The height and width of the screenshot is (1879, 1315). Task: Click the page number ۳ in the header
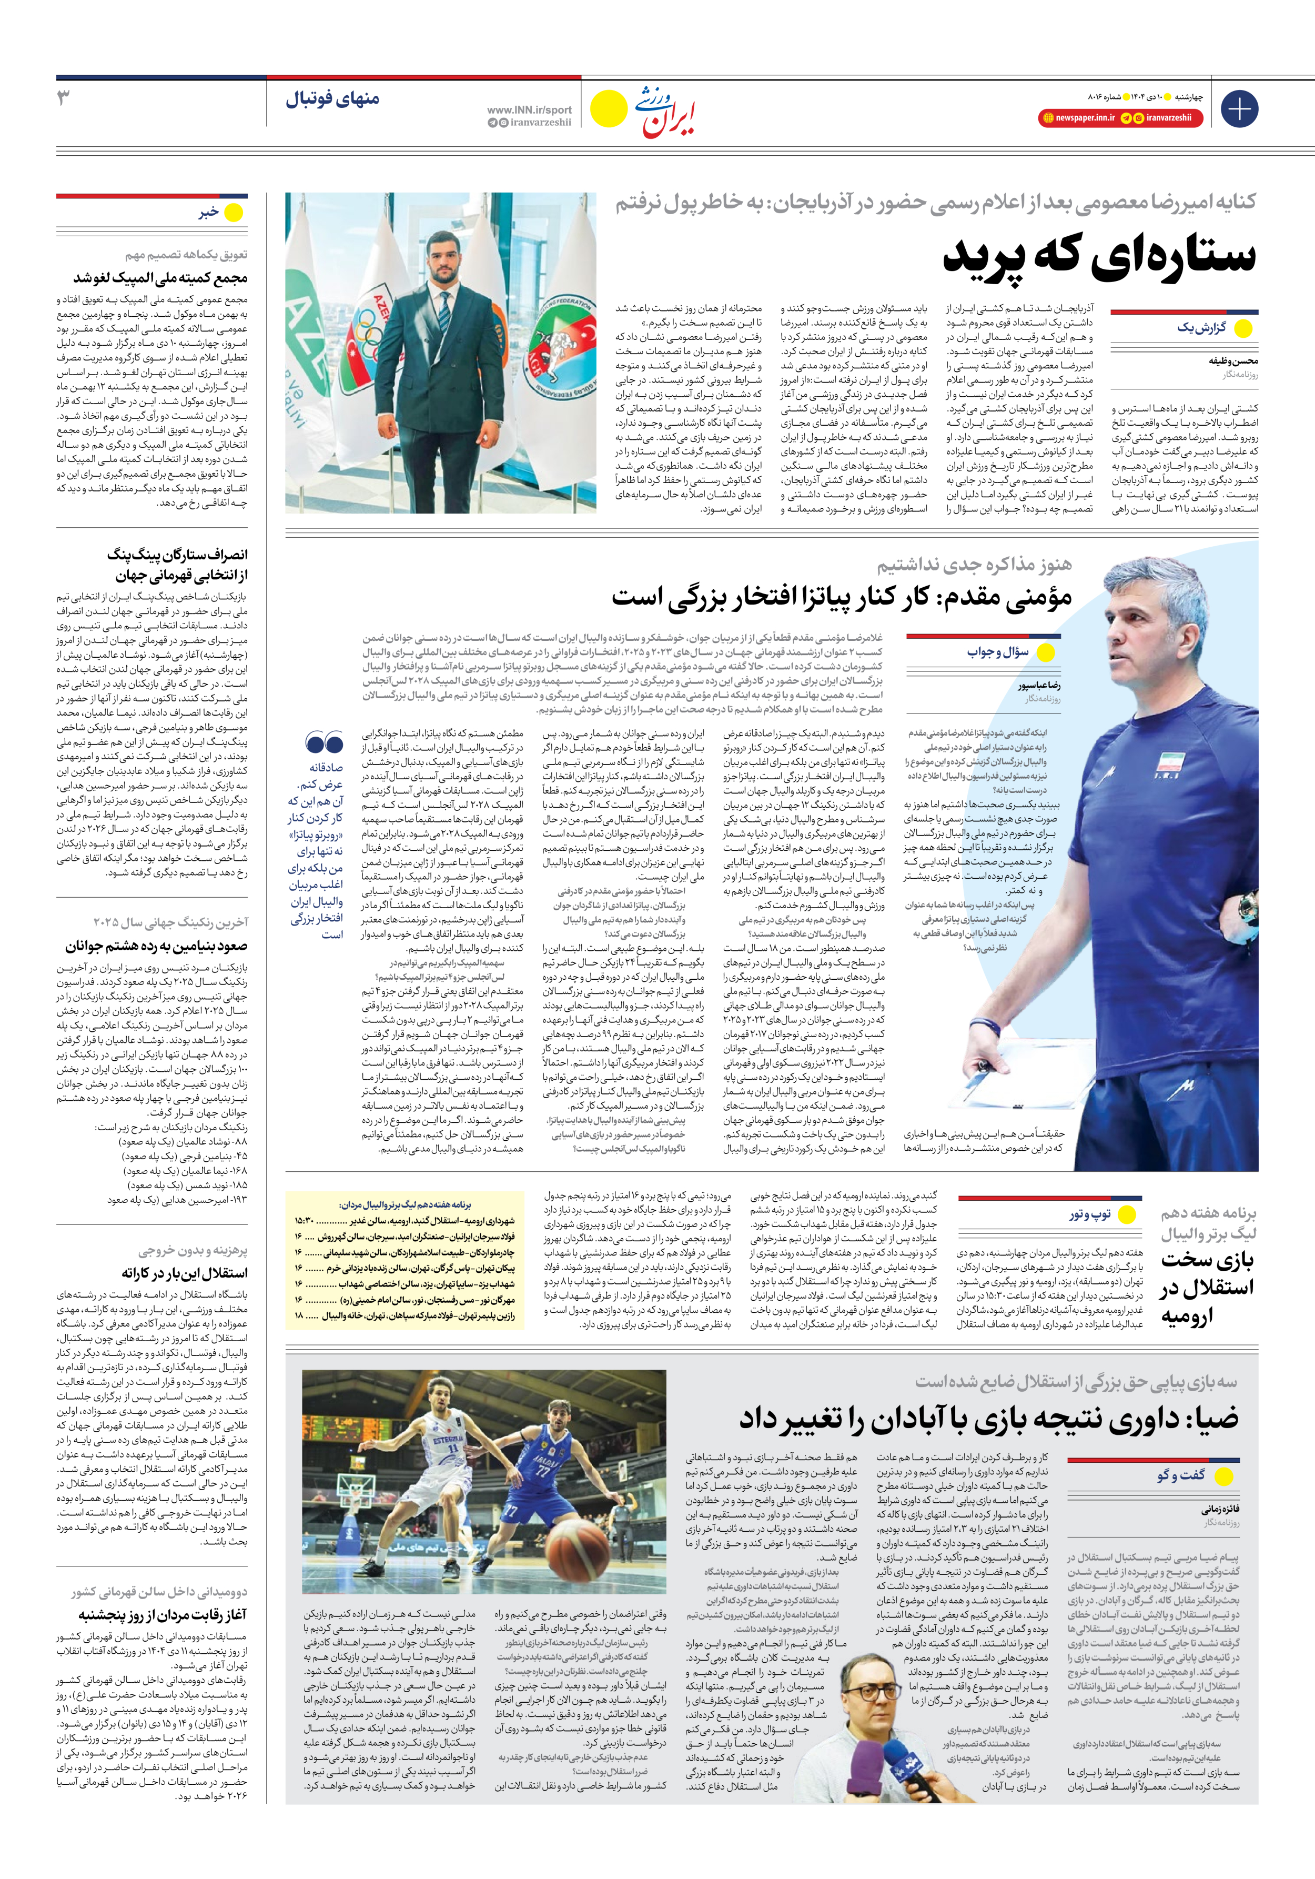tap(63, 99)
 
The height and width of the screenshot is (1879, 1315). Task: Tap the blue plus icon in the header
tap(1239, 109)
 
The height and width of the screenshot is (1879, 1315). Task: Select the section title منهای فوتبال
tap(332, 100)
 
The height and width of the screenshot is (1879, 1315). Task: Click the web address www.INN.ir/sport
tap(529, 109)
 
